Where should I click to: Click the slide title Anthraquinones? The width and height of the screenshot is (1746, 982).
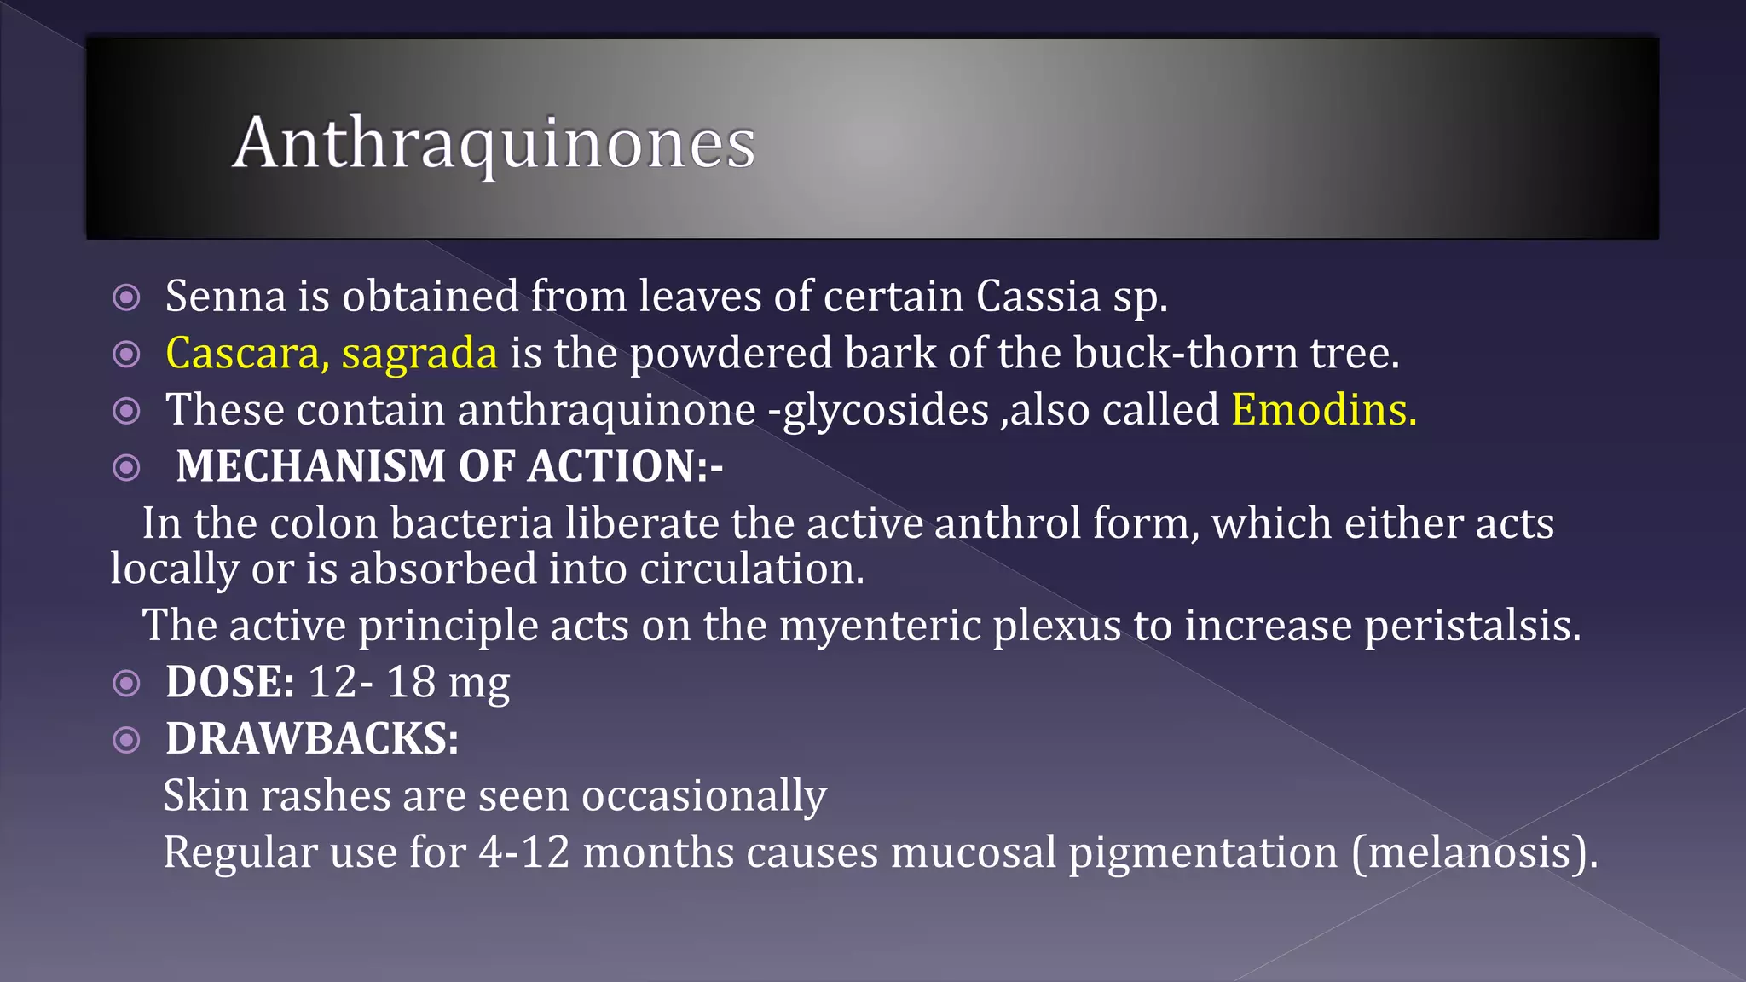point(494,143)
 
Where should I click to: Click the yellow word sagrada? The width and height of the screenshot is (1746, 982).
point(419,354)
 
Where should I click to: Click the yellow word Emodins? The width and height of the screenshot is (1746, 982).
point(1323,410)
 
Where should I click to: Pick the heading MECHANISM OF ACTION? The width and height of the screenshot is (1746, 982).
point(448,466)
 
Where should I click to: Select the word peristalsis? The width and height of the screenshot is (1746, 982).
point(1472,626)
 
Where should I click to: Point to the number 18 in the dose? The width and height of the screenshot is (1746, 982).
point(411,682)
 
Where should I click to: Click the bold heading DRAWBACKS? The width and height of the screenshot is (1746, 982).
point(312,739)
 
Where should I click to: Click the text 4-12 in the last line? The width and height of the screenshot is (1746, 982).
point(523,852)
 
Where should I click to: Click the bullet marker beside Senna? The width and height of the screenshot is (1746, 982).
point(126,297)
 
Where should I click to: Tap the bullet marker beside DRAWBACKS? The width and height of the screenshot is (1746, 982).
point(126,740)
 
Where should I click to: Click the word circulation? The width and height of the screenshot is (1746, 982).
point(751,569)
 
